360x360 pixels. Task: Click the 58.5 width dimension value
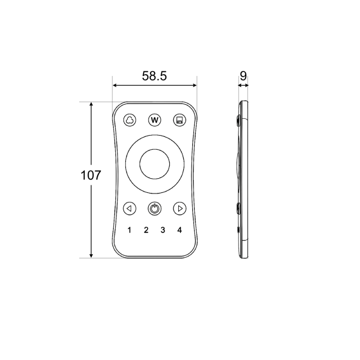pyautogui.click(x=154, y=76)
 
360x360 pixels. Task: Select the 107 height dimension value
pyautogui.click(x=91, y=175)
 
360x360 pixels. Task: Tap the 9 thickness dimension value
pyautogui.click(x=243, y=76)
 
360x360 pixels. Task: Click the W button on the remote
pyautogui.click(x=154, y=120)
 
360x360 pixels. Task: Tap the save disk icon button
pyautogui.click(x=179, y=120)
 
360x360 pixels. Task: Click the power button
pyautogui.click(x=154, y=208)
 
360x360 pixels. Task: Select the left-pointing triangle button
pyautogui.click(x=130, y=208)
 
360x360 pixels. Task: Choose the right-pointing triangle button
pyautogui.click(x=180, y=208)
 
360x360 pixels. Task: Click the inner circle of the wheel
pyautogui.click(x=154, y=164)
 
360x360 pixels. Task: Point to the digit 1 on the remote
pyautogui.click(x=130, y=230)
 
